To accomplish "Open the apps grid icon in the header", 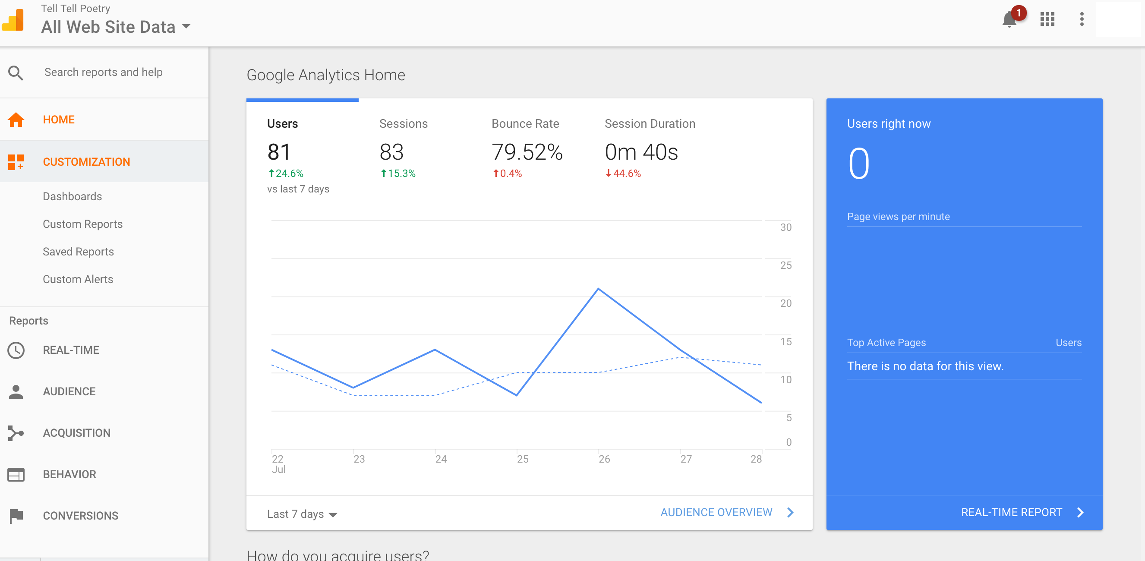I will [x=1047, y=19].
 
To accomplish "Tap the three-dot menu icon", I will [x=1082, y=19].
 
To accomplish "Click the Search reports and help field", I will [x=104, y=72].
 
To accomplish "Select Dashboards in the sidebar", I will [x=73, y=196].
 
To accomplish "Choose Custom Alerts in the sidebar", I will [x=78, y=279].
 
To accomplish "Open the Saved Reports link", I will [x=78, y=252].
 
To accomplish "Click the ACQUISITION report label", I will [x=76, y=433].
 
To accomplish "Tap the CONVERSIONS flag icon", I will [x=16, y=516].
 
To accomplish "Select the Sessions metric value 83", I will [x=391, y=152].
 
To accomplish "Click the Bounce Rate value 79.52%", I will [x=527, y=152].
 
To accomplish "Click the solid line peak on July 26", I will [x=598, y=289].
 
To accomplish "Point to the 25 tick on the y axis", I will [x=786, y=265].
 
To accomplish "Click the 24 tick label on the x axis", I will [x=441, y=459].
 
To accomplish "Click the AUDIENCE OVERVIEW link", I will [x=716, y=513].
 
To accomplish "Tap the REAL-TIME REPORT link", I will [x=1012, y=513].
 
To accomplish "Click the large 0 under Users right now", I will [x=859, y=164].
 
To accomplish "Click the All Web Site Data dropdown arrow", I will [x=186, y=27].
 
